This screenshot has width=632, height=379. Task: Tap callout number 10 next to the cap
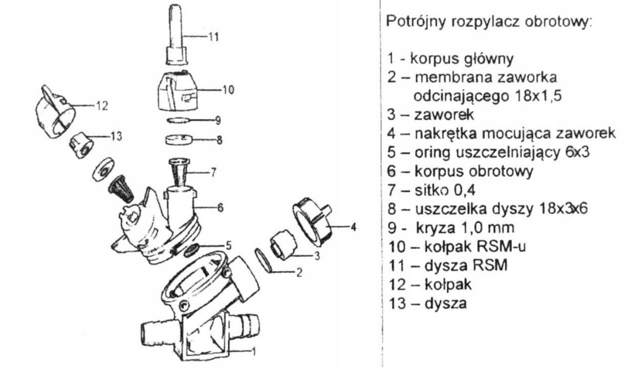click(x=227, y=89)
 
